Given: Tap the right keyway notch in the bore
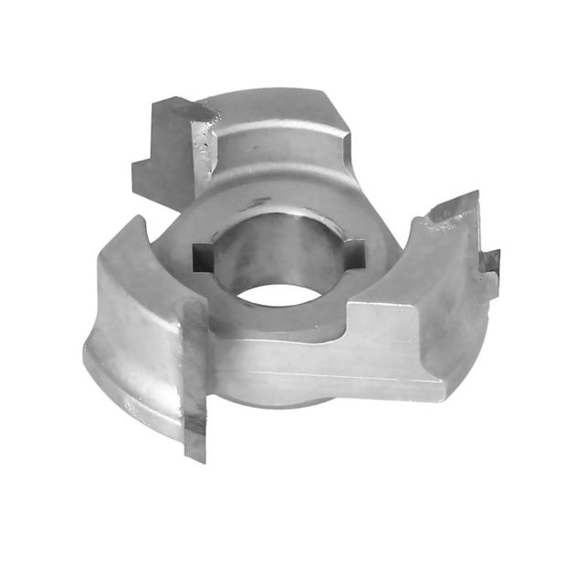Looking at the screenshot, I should coord(356,248).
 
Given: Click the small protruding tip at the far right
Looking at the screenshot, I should coord(492,261).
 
